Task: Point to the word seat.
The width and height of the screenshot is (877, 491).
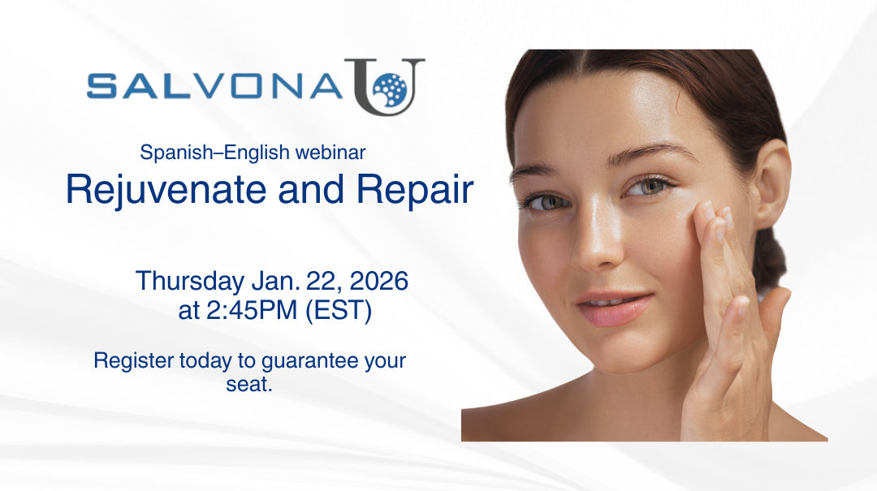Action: pyautogui.click(x=248, y=384)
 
